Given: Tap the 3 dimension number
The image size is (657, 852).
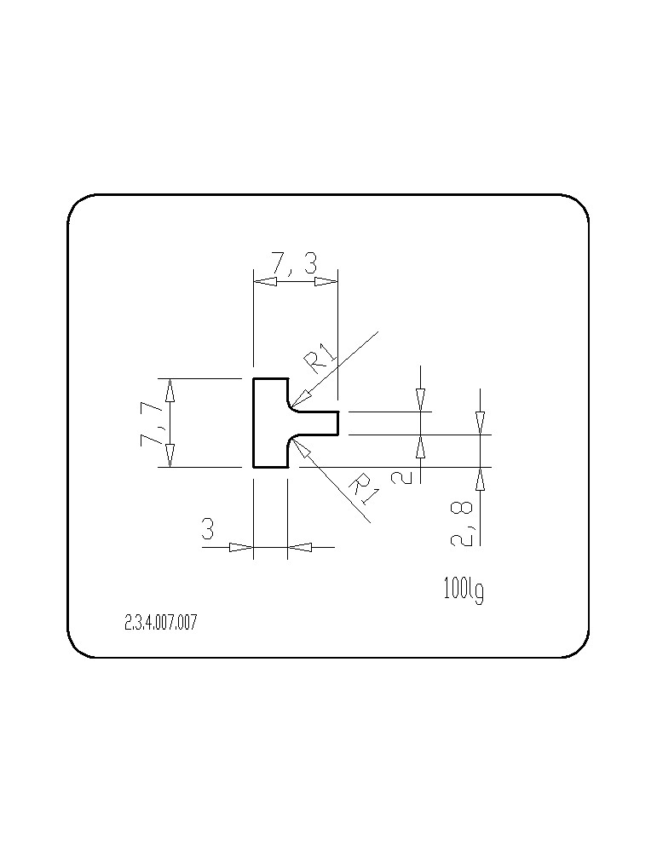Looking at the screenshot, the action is pos(208,529).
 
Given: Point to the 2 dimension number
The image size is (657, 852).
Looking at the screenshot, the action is pos(401,477).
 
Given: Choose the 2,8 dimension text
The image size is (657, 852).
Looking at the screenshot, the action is pos(461,524).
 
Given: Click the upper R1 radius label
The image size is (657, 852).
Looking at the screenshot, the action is pos(320,358).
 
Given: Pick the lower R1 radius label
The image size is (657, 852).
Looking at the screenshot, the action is pos(363,486).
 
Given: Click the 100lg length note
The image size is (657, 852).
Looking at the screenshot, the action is pos(464,590).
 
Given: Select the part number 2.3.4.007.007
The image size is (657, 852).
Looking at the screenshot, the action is pos(161,622).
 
